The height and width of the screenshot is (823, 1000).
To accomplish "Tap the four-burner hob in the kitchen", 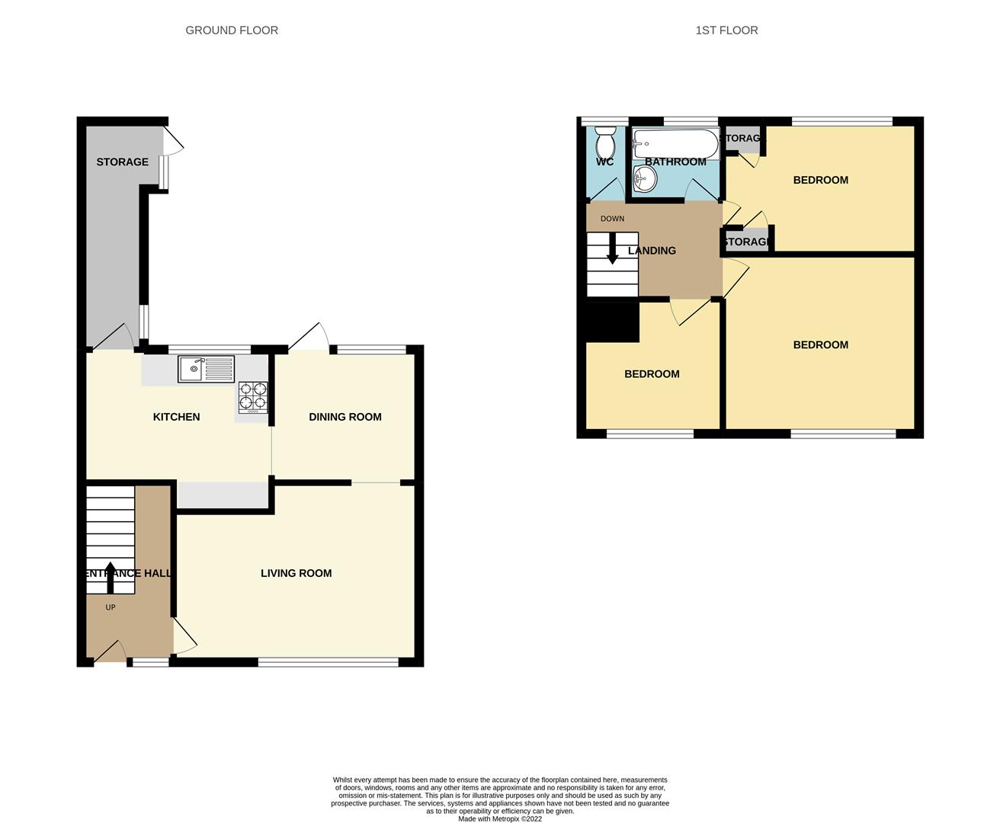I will [x=253, y=397].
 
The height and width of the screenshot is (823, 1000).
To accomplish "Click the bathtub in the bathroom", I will [x=675, y=143].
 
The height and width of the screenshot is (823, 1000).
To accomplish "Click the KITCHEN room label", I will [x=176, y=417].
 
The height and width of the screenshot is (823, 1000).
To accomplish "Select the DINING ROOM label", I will [x=345, y=417].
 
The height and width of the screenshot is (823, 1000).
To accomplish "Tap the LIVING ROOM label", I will [x=296, y=573].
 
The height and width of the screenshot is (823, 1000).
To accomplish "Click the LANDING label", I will [x=652, y=251].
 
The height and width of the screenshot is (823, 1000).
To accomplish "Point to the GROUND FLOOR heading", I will [x=232, y=30].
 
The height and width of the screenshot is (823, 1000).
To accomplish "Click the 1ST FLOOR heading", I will [x=726, y=30].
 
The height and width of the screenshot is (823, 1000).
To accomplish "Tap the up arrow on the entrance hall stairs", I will [x=110, y=577].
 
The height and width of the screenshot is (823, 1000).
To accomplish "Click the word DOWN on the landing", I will [x=612, y=219].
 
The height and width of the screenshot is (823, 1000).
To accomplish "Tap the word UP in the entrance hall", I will [x=111, y=607].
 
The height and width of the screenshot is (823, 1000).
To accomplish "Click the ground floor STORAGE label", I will [x=122, y=162].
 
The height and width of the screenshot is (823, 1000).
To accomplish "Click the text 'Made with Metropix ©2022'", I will [x=500, y=819].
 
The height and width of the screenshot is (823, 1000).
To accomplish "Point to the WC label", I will [x=604, y=162].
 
